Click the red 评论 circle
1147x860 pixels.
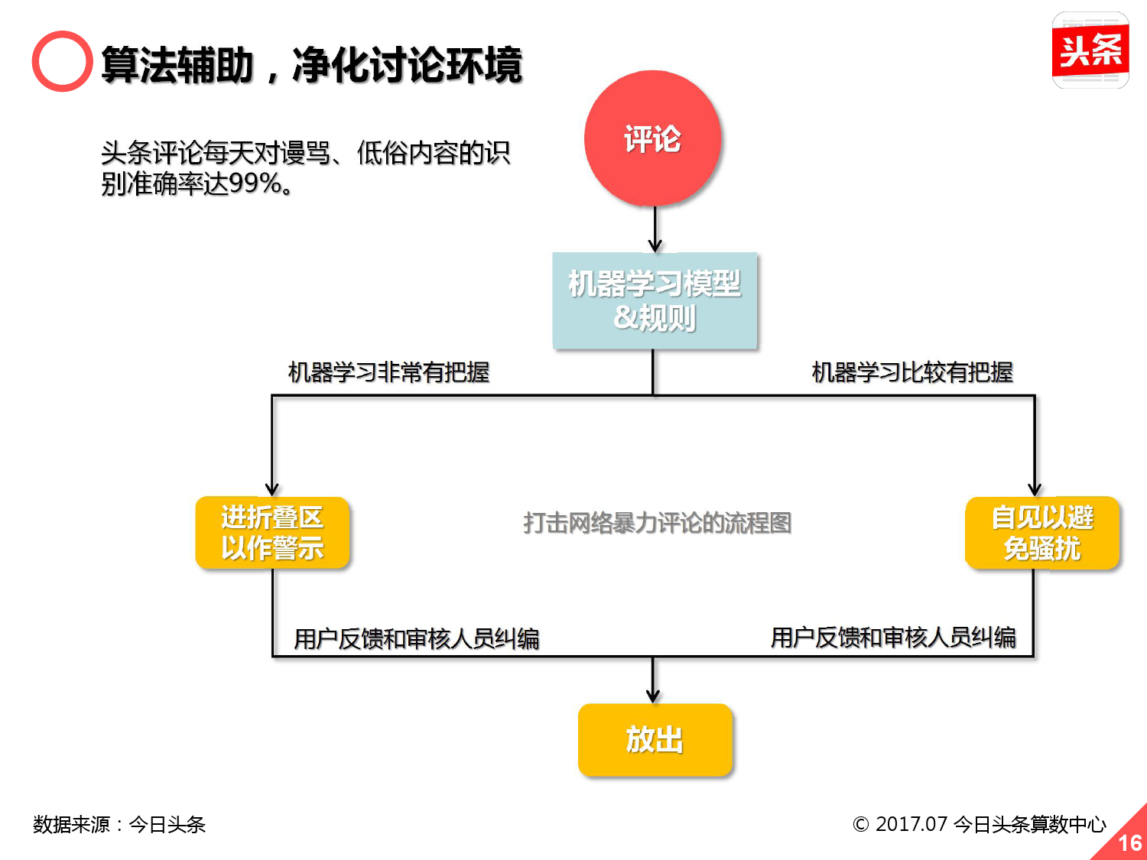click(653, 138)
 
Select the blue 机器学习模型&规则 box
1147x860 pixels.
click(655, 300)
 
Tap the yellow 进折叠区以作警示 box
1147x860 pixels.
click(272, 533)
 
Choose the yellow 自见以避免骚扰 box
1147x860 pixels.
click(1042, 533)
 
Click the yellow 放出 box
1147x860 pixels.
click(655, 739)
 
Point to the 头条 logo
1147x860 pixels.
click(1090, 50)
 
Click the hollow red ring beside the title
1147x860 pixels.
click(62, 61)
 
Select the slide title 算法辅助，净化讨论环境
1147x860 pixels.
click(312, 65)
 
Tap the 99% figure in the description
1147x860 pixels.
click(255, 183)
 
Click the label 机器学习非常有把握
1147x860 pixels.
click(388, 372)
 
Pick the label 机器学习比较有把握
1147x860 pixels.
click(912, 372)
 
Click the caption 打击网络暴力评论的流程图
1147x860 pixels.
click(657, 523)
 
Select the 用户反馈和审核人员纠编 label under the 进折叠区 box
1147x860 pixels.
click(417, 638)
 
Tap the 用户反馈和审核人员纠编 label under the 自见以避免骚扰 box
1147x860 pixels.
click(893, 637)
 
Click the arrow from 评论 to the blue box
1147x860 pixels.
click(655, 229)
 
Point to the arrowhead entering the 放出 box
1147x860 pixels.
click(653, 695)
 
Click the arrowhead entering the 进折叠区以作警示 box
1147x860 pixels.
click(272, 488)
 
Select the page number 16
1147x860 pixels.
click(1129, 842)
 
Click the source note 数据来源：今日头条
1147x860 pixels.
click(119, 824)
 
